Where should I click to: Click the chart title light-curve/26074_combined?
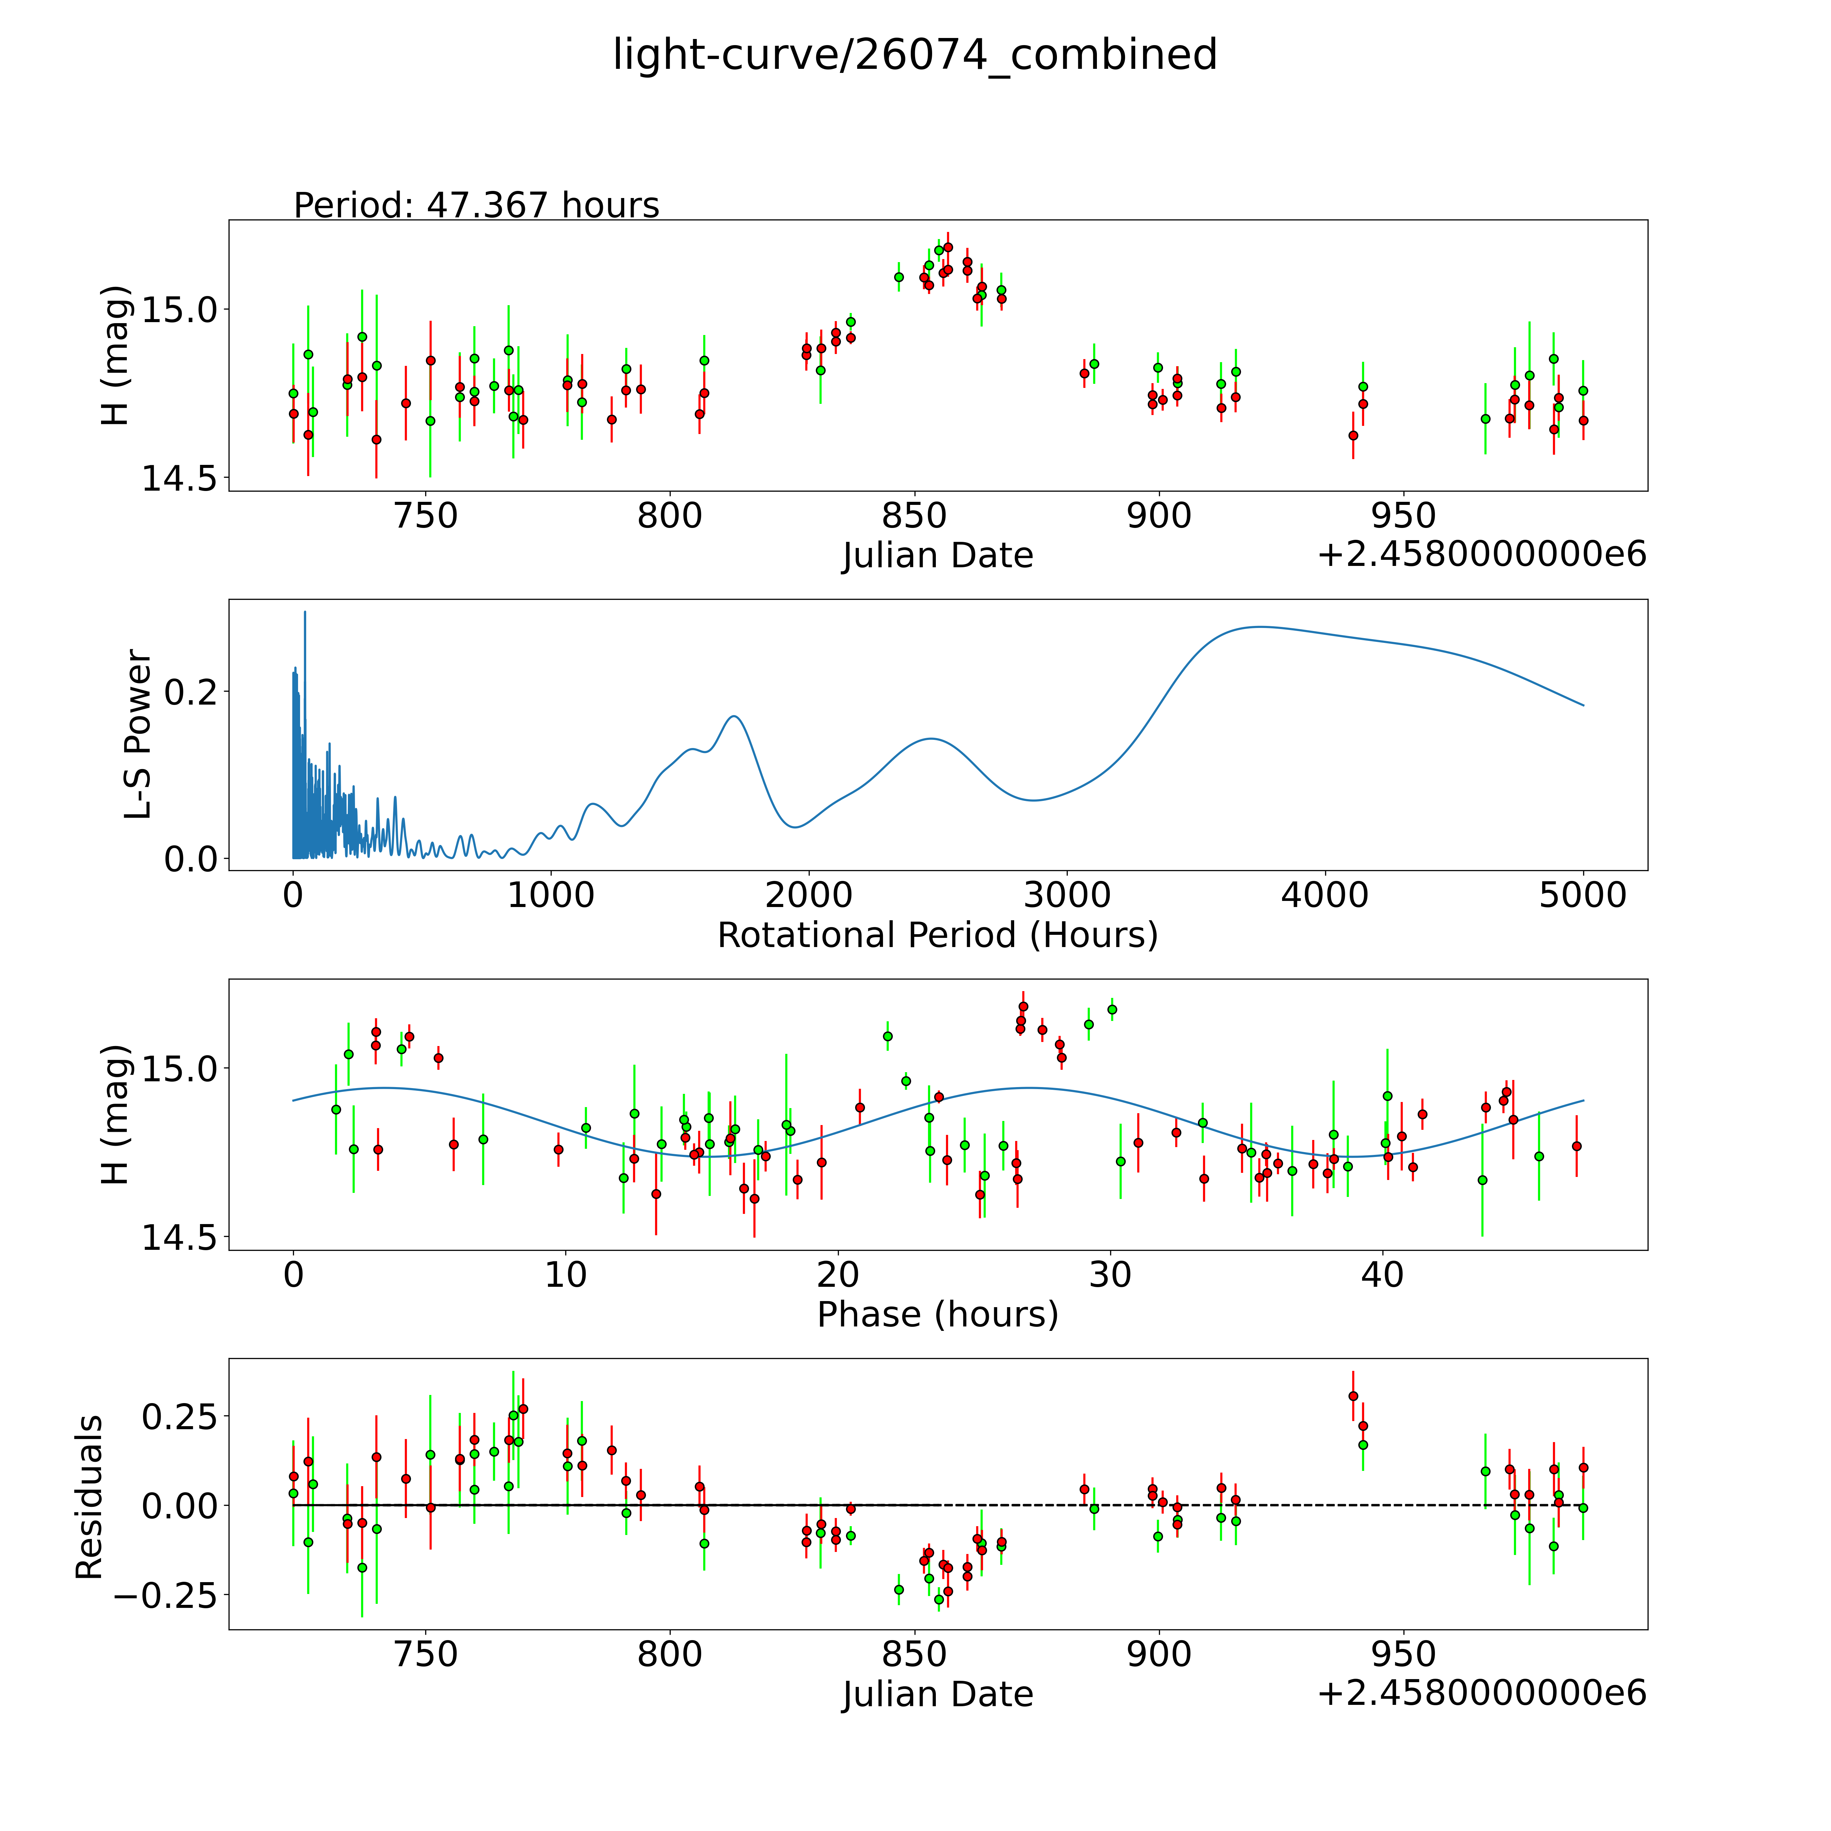pyautogui.click(x=914, y=55)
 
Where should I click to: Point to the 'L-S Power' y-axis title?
pyautogui.click(x=138, y=734)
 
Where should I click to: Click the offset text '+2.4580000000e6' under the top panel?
pyautogui.click(x=1481, y=554)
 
